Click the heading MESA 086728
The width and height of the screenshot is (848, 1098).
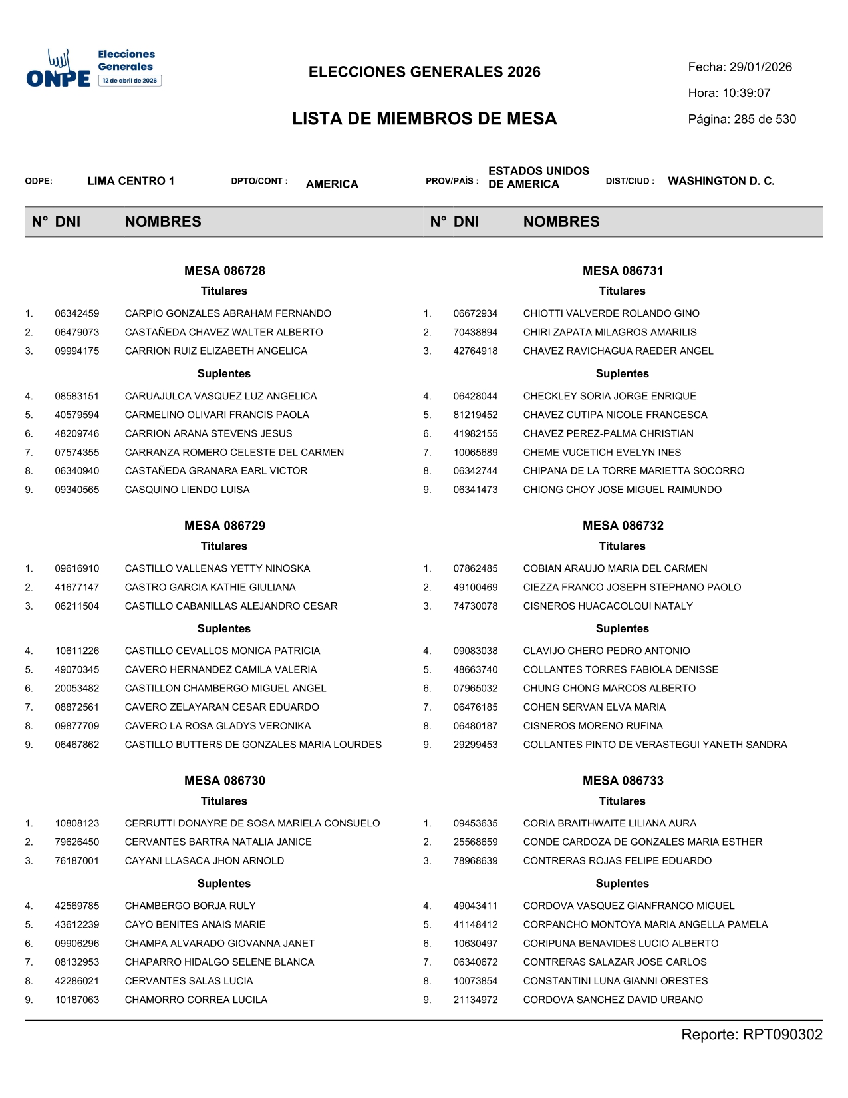[224, 271]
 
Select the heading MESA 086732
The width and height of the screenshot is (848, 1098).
[623, 526]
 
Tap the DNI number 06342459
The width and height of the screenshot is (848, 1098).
[77, 313]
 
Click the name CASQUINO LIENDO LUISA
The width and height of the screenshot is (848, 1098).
[187, 490]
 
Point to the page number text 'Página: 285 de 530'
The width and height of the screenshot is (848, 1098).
[742, 120]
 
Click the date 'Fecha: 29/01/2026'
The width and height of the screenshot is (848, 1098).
[740, 67]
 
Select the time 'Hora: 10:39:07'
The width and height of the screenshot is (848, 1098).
[729, 93]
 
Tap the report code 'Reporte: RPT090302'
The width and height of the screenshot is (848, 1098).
[752, 1035]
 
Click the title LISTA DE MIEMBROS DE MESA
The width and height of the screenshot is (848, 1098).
[424, 119]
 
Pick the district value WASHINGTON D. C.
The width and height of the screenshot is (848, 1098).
[721, 181]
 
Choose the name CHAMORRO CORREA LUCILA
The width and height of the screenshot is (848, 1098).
[196, 1000]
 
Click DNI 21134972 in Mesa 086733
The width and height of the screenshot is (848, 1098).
[476, 1000]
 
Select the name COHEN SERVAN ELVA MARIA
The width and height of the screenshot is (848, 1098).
[594, 707]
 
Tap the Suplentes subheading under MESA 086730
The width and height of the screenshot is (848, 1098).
[224, 884]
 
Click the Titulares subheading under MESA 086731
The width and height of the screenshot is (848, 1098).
[622, 291]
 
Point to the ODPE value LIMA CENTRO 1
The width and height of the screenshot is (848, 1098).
[131, 181]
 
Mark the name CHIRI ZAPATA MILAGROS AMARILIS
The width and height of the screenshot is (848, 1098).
[610, 332]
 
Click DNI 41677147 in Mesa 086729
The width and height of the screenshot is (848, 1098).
[77, 587]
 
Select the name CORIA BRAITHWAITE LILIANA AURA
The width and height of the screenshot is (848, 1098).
[609, 823]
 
